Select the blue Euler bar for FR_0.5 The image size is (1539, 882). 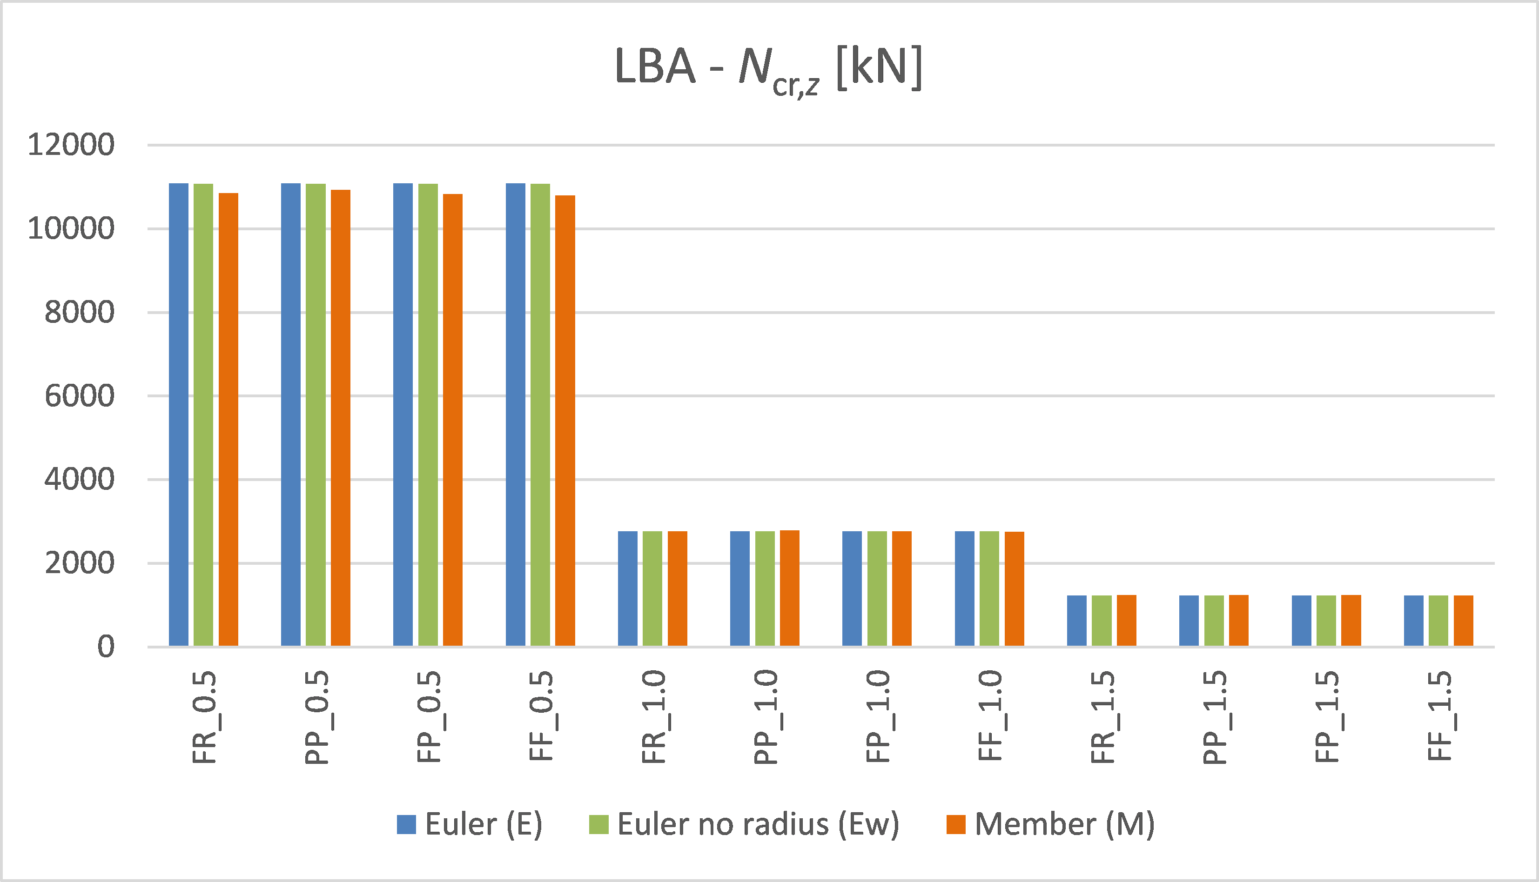[x=179, y=414]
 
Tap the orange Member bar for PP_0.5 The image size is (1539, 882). [x=341, y=418]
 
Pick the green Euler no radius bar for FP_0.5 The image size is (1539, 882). [x=428, y=414]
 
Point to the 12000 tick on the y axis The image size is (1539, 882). [x=71, y=146]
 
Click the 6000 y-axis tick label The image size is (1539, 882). [x=80, y=396]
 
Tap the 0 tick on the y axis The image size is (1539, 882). [x=106, y=647]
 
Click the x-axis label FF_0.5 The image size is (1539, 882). [x=541, y=716]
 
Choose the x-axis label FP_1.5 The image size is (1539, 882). [x=1326, y=716]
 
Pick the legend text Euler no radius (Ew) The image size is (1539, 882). [x=758, y=824]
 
